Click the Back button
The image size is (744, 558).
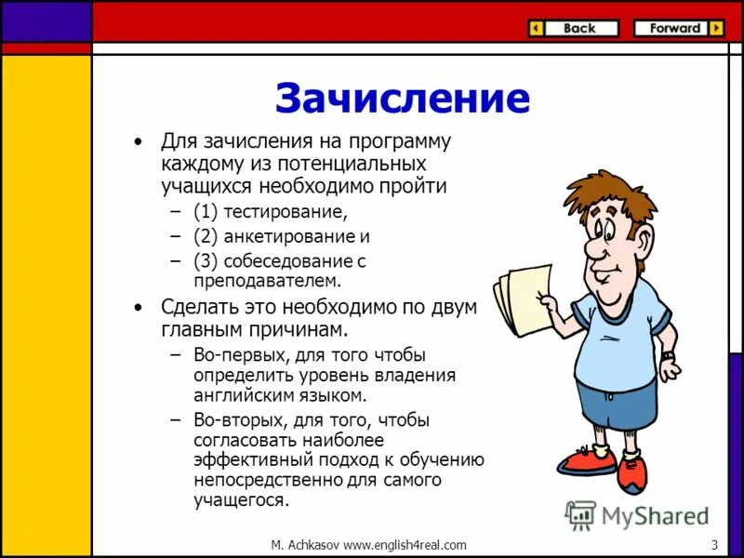573,29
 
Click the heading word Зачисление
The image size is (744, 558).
402,98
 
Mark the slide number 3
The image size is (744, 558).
713,545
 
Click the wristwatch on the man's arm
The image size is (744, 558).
668,354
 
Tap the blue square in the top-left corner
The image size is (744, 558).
46,21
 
